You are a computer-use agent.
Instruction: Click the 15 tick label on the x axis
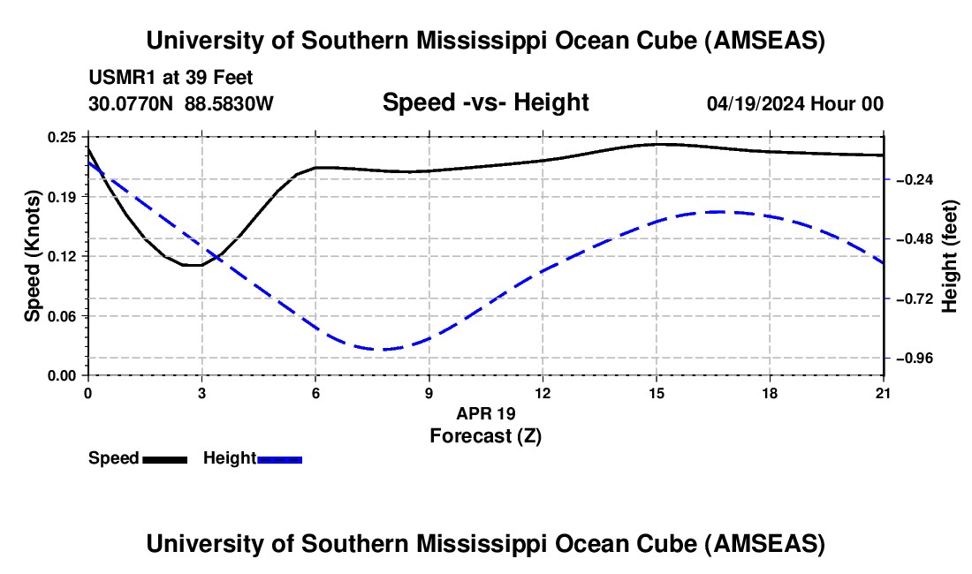coord(657,393)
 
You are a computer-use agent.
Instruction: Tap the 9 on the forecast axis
coord(429,393)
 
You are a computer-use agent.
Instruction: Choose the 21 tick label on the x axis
coord(884,393)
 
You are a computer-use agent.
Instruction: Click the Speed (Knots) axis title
coord(32,256)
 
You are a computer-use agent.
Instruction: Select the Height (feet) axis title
coord(950,256)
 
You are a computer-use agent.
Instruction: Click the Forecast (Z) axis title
coord(485,435)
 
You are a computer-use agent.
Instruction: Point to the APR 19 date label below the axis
coord(485,413)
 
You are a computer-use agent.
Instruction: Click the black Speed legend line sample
coord(164,458)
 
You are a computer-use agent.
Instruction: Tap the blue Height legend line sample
coord(280,458)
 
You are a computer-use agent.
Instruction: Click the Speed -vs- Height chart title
coord(485,102)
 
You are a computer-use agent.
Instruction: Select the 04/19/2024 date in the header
coord(757,103)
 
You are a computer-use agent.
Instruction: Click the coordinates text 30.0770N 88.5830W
coord(181,103)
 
